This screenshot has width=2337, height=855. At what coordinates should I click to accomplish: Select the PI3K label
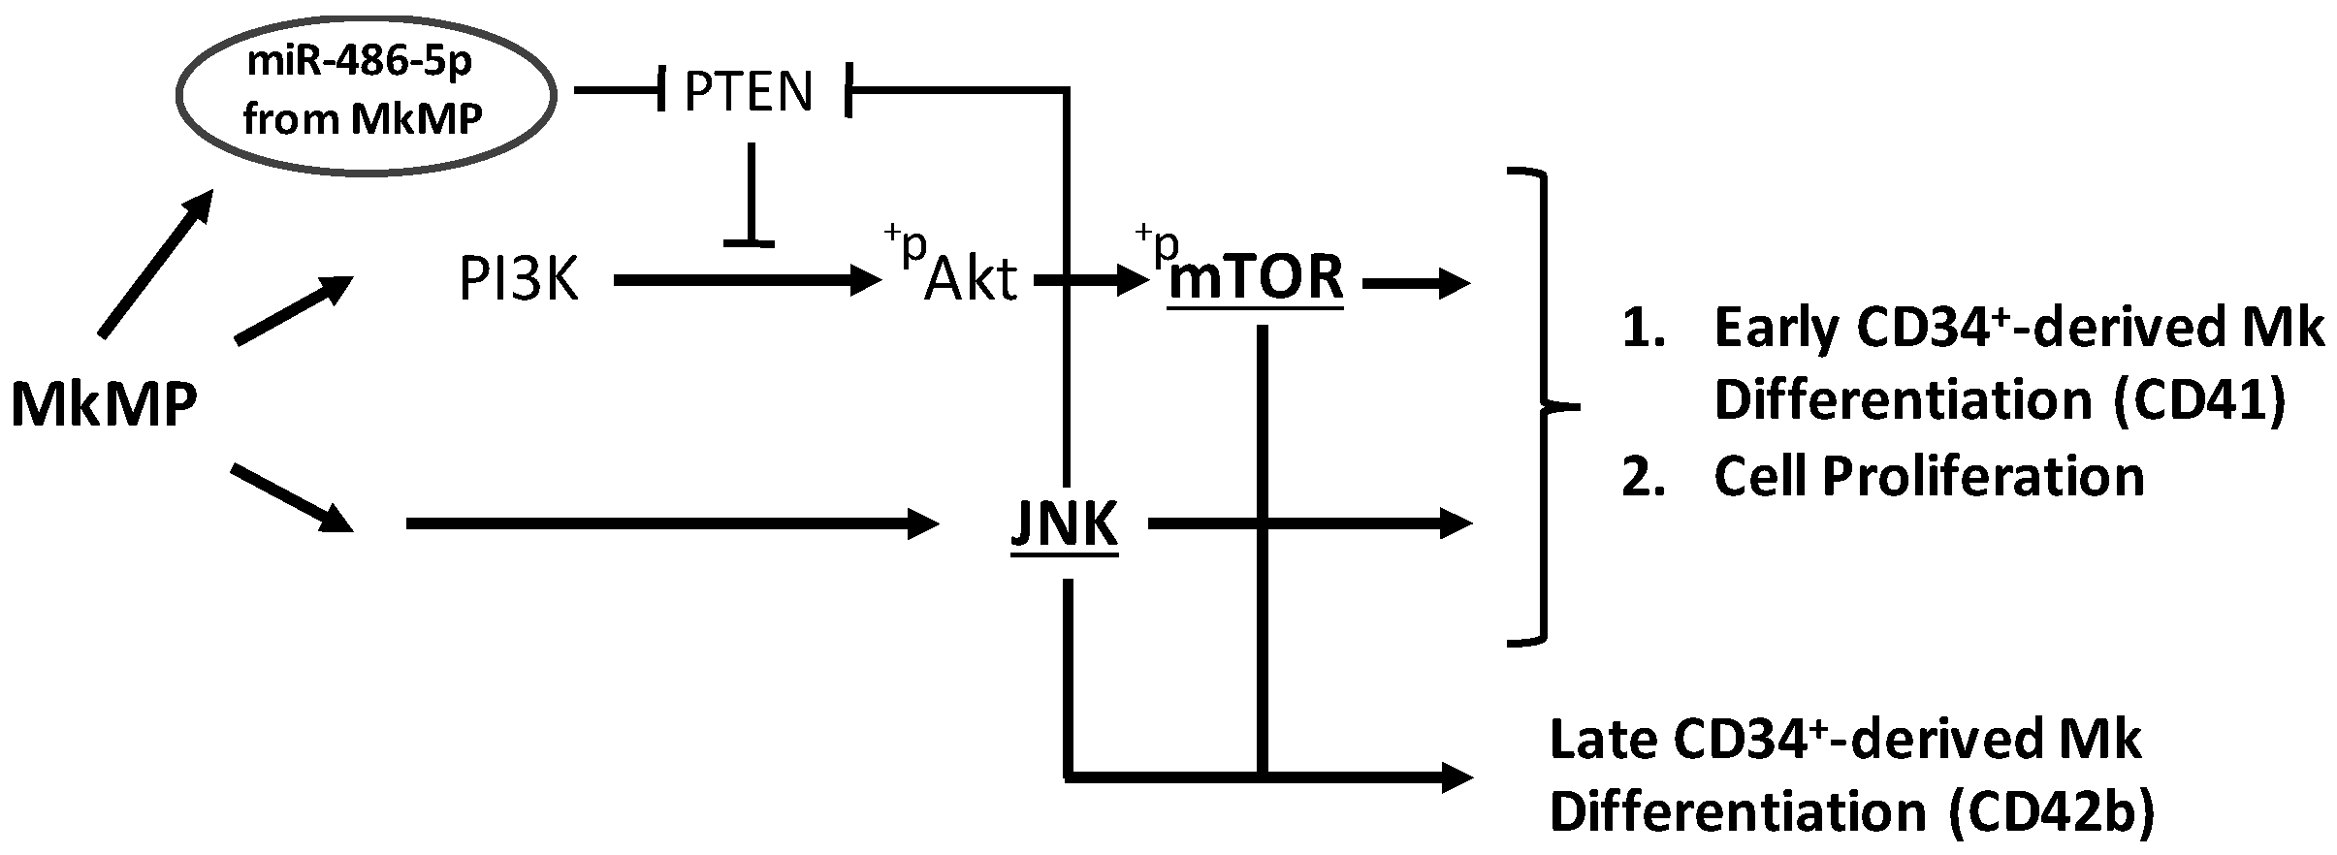click(519, 281)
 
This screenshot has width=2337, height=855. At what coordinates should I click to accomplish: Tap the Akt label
click(971, 280)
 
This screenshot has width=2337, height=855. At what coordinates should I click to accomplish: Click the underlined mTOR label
click(1257, 278)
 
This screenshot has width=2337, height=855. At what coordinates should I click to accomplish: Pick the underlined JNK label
click(1064, 525)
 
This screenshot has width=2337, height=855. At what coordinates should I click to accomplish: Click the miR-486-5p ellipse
click(365, 95)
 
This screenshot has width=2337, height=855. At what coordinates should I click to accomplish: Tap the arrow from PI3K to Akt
click(747, 282)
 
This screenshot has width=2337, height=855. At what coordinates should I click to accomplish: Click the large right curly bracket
click(1542, 407)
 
